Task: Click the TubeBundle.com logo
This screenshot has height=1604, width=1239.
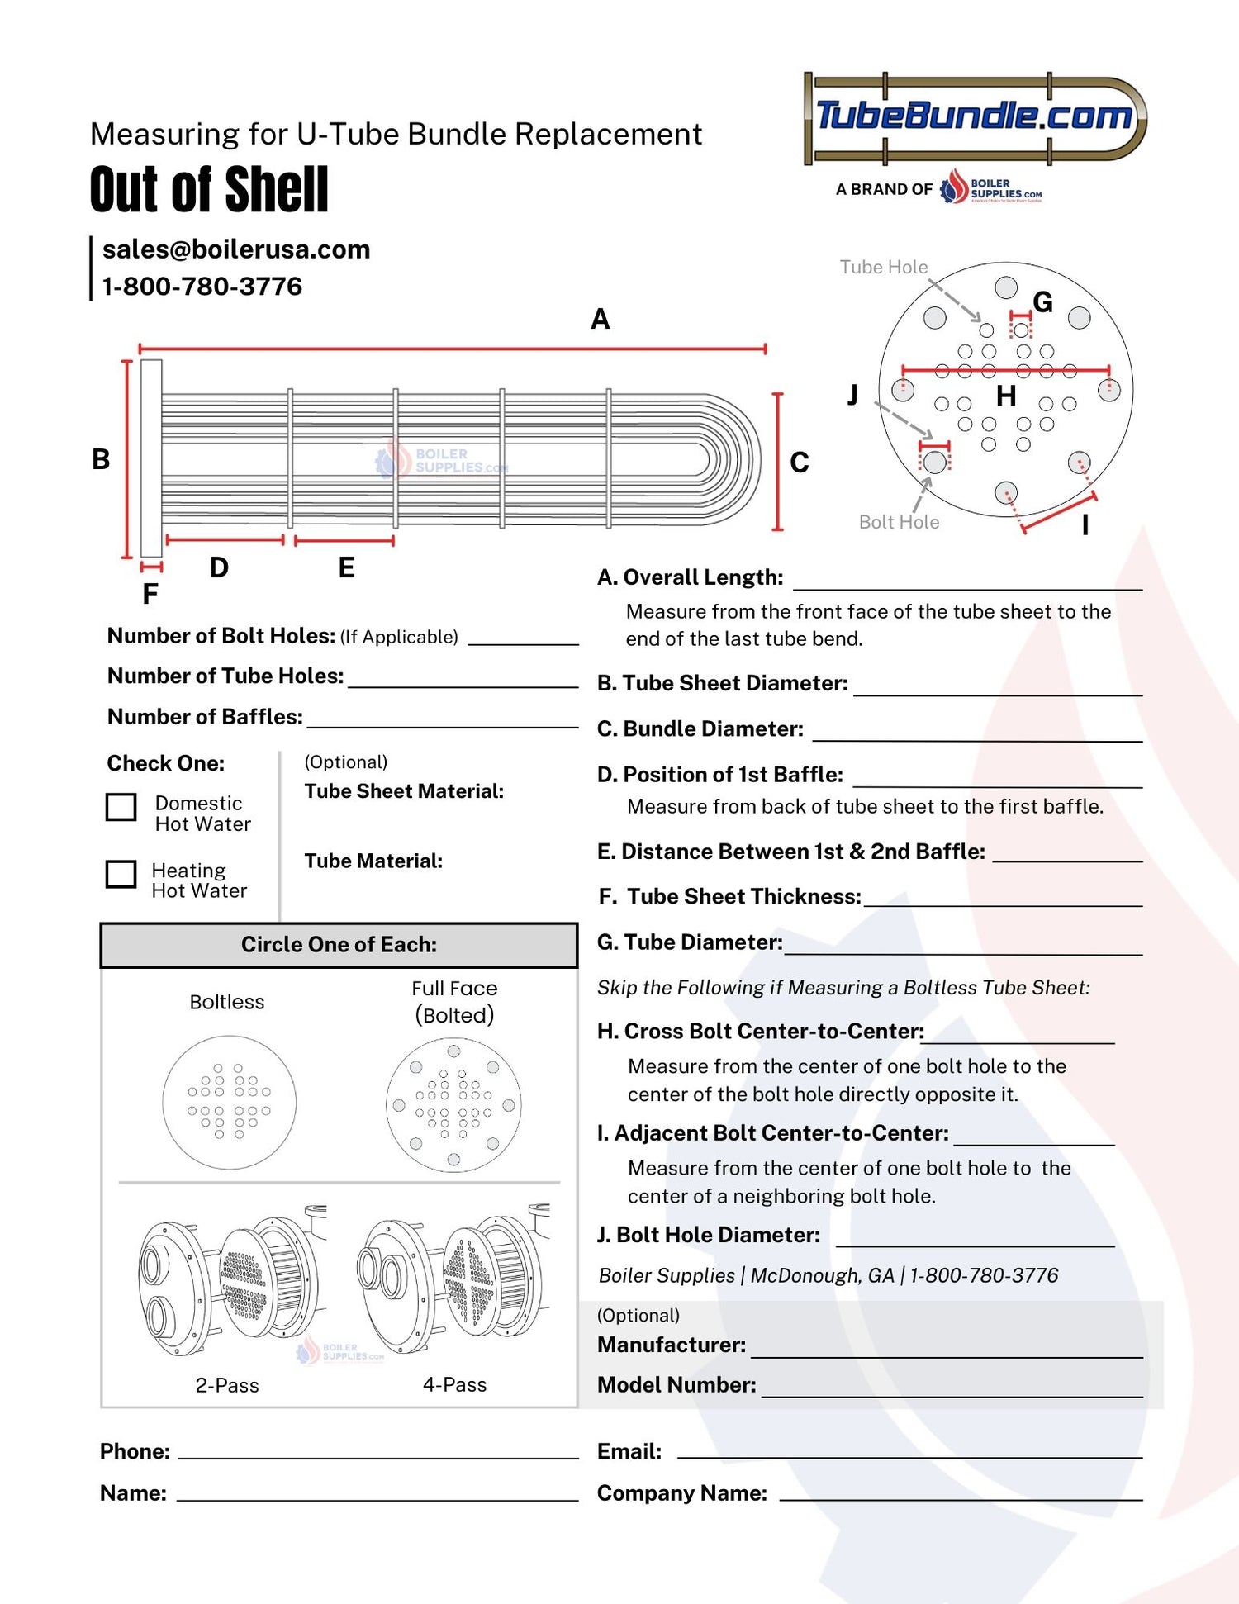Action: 975,117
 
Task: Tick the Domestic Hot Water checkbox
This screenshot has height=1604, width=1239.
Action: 121,807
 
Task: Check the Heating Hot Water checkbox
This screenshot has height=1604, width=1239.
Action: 121,874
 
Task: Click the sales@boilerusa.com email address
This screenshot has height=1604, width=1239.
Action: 236,249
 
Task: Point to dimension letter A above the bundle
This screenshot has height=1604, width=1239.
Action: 601,319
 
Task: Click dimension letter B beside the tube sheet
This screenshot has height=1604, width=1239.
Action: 101,459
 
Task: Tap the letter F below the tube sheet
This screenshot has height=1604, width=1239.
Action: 150,593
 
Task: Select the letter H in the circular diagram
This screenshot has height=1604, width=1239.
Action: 1005,396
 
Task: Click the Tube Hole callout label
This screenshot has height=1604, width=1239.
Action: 883,267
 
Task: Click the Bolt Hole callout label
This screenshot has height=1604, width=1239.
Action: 899,522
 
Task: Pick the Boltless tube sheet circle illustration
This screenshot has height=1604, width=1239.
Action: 229,1103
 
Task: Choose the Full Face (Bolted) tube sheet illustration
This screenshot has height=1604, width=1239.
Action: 453,1105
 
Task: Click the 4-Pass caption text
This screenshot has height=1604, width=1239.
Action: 454,1385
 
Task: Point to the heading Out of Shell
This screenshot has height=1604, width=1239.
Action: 209,189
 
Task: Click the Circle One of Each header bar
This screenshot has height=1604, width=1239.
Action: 339,945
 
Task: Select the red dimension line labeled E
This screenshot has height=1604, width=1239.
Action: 344,541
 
